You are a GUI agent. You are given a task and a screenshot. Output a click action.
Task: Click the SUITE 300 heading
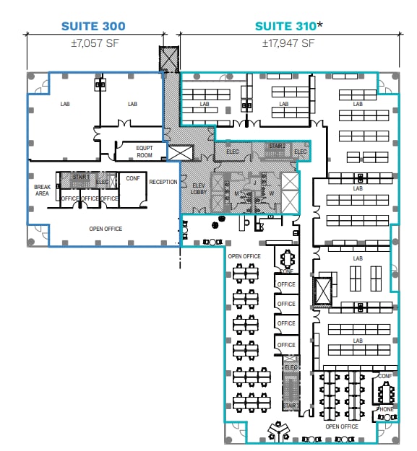(x=93, y=26)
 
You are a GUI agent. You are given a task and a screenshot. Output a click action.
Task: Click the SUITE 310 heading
(x=285, y=26)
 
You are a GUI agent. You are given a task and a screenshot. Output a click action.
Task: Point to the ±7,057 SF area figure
(x=93, y=43)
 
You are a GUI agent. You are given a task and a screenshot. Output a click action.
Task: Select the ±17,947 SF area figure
(x=288, y=43)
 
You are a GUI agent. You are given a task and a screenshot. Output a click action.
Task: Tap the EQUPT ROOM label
(x=145, y=152)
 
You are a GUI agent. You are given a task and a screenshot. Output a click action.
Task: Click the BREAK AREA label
(x=42, y=191)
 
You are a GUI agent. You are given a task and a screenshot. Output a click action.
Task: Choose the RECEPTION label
(x=163, y=182)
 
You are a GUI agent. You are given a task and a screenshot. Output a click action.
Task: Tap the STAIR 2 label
(x=277, y=146)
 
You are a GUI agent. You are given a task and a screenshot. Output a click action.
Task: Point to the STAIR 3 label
(x=291, y=406)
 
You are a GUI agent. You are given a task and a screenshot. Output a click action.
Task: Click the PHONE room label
(x=386, y=409)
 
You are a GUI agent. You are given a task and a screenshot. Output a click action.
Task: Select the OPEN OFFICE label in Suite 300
(x=106, y=229)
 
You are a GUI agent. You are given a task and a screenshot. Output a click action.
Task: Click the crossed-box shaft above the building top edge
(x=169, y=58)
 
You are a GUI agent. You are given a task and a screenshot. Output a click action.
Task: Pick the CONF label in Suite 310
(x=385, y=376)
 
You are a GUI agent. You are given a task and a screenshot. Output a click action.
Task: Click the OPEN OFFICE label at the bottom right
(x=341, y=426)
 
